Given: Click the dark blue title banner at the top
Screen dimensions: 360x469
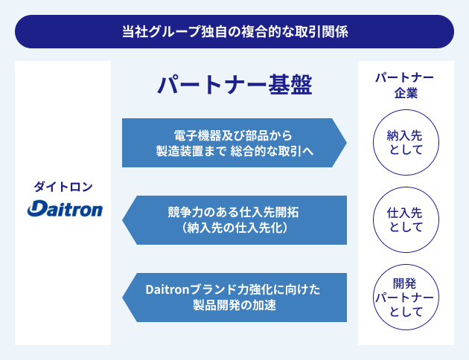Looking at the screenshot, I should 234,32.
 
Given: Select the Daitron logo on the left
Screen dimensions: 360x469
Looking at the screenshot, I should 64,209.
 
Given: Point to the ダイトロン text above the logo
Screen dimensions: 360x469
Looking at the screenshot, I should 63,186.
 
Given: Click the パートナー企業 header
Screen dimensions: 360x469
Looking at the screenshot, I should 404,86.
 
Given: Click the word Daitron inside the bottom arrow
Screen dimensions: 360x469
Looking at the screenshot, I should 167,290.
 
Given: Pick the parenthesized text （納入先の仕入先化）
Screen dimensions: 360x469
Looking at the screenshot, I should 234,228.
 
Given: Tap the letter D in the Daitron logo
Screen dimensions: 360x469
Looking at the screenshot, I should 35,210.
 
